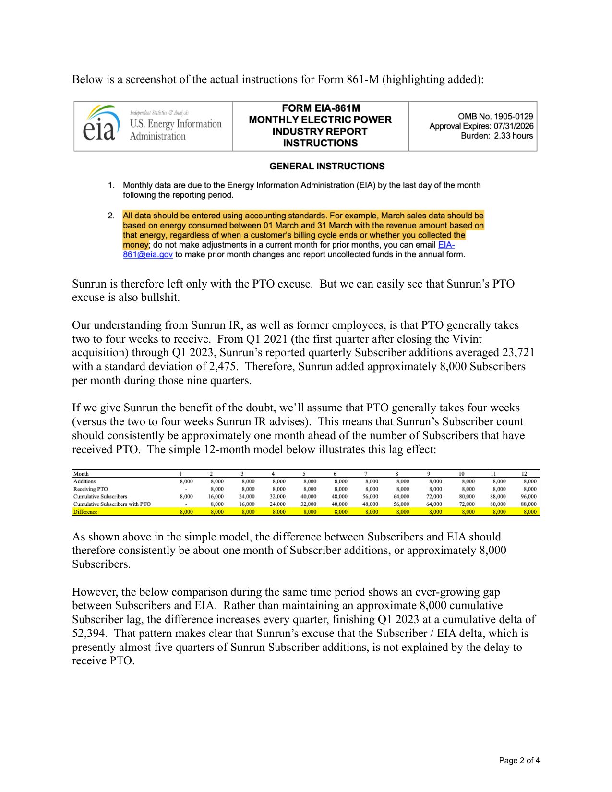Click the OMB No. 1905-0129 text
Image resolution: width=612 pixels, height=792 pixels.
tap(495, 116)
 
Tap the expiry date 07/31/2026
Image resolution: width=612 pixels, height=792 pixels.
tap(514, 126)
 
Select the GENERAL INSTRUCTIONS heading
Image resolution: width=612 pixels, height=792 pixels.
tap(327, 167)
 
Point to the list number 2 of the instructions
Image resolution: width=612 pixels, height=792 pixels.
tap(111, 216)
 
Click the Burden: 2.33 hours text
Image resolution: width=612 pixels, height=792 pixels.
tap(497, 136)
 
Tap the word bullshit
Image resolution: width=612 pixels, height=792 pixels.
tap(160, 298)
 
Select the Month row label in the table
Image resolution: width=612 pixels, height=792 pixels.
tap(81, 474)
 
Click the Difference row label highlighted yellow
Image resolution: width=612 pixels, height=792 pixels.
tap(85, 512)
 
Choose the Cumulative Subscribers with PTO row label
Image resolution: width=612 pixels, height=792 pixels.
tap(112, 504)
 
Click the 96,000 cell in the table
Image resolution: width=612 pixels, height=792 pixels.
tap(528, 497)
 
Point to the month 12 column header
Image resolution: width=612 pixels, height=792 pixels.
tap(524, 474)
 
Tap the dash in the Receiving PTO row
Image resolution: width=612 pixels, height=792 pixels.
tap(186, 489)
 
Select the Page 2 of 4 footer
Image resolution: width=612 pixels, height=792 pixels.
tap(519, 760)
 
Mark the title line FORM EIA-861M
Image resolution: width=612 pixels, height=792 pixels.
tap(321, 108)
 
